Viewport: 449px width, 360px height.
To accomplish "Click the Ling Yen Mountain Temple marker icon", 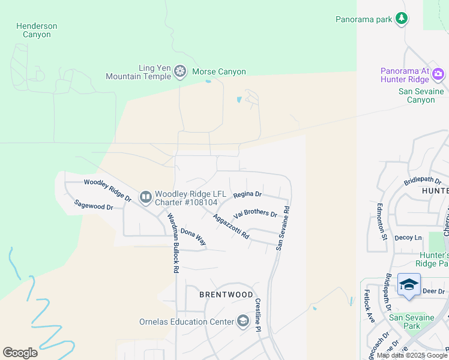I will pos(179,72).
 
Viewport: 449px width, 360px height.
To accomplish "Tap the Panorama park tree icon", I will pos(402,19).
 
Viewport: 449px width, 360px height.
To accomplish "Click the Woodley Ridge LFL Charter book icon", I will pos(145,197).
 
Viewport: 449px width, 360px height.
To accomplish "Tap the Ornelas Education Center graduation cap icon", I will pos(243,322).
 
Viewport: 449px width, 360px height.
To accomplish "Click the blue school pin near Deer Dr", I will pos(409,285).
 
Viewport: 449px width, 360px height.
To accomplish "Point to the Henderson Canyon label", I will pos(37,30).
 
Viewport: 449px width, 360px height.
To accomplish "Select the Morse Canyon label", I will pos(218,72).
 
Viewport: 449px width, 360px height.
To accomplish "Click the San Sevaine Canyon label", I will pos(421,95).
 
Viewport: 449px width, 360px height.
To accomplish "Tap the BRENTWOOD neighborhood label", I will pos(226,295).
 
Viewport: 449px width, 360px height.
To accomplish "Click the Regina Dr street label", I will pos(247,194).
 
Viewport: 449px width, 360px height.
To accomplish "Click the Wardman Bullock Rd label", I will pos(172,243).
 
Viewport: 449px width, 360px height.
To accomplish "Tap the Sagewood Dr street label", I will pos(94,205).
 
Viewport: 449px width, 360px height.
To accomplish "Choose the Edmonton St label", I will pos(381,221).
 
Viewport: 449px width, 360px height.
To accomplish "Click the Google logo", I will pos(20,353).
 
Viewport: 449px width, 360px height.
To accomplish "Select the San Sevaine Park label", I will pos(411,322).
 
